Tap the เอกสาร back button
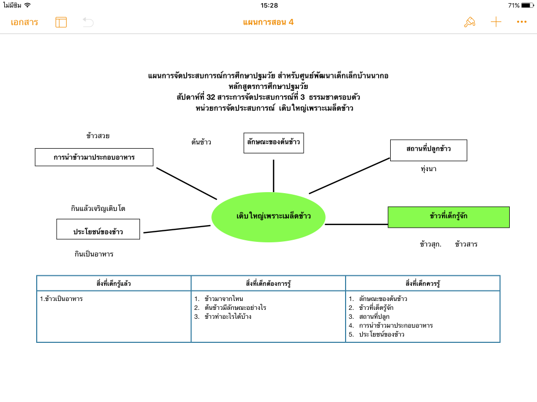(x=24, y=22)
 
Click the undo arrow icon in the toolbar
(x=88, y=22)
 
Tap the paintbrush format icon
(x=469, y=22)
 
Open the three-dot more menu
(x=521, y=22)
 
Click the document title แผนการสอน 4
(x=268, y=22)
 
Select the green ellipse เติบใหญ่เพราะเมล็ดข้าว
(x=268, y=216)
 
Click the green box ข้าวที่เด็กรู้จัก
(x=448, y=217)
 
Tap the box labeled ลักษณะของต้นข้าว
(x=274, y=142)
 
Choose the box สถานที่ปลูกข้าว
(x=428, y=150)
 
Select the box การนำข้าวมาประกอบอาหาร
(x=94, y=157)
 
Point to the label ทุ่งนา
(x=428, y=169)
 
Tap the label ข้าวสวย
(x=98, y=136)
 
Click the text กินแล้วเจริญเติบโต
(x=98, y=208)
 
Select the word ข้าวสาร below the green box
(x=466, y=244)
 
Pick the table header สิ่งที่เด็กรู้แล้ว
(x=114, y=283)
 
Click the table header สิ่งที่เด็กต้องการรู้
(x=268, y=283)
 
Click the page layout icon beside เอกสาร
(x=61, y=22)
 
